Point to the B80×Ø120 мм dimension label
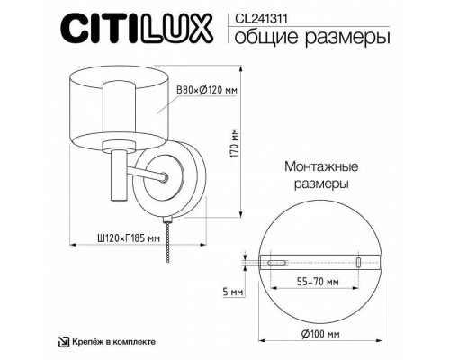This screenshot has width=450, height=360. tap(206, 89)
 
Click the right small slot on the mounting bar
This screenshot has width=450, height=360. tap(358, 262)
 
